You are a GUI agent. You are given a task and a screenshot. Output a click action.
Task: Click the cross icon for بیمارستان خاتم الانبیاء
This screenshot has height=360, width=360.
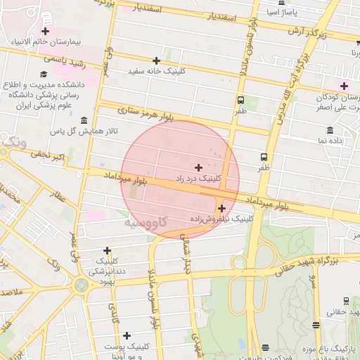pos(46,31)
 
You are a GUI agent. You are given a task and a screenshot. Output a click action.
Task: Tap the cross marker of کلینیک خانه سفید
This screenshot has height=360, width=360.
pos(156,60)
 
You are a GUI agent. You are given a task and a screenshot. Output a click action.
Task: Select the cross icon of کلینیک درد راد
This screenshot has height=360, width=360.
pos(198,167)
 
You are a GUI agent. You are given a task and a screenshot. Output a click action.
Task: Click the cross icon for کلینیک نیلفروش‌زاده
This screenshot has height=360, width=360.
pos(221,208)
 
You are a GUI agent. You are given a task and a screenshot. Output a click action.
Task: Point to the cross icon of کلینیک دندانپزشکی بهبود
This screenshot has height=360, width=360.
pos(107,250)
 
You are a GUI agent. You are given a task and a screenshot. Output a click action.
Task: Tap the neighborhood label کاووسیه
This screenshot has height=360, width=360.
pos(146,222)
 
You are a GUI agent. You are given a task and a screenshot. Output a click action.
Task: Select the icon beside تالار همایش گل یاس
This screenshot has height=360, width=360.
pos(84,120)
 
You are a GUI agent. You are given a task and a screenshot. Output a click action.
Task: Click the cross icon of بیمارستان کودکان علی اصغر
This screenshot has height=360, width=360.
pos(344,86)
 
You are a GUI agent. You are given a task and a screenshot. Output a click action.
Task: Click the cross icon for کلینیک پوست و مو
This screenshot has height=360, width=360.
pos(127,335)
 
